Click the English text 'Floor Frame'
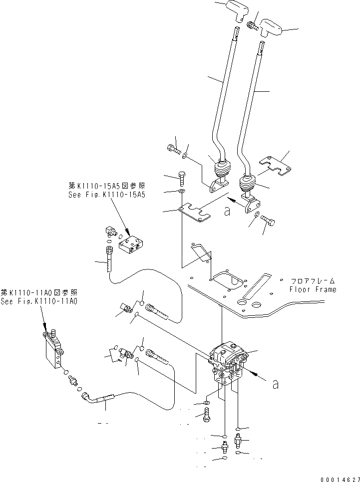(313, 289)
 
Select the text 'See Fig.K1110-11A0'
(38, 301)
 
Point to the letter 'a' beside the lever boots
(227, 212)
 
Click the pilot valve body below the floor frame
(228, 362)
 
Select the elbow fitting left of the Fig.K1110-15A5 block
(111, 230)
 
